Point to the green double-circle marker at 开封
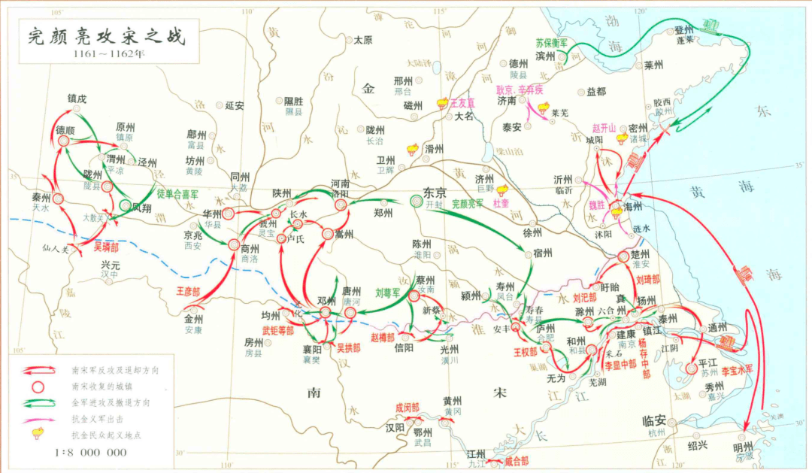click(x=416, y=201)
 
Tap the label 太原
click(x=363, y=40)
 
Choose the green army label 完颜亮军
click(x=467, y=204)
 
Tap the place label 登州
click(x=683, y=29)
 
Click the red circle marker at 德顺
click(x=64, y=141)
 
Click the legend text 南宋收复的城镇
click(x=101, y=387)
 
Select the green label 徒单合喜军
click(x=177, y=193)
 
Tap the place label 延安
click(x=235, y=106)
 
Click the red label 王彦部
click(x=189, y=290)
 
